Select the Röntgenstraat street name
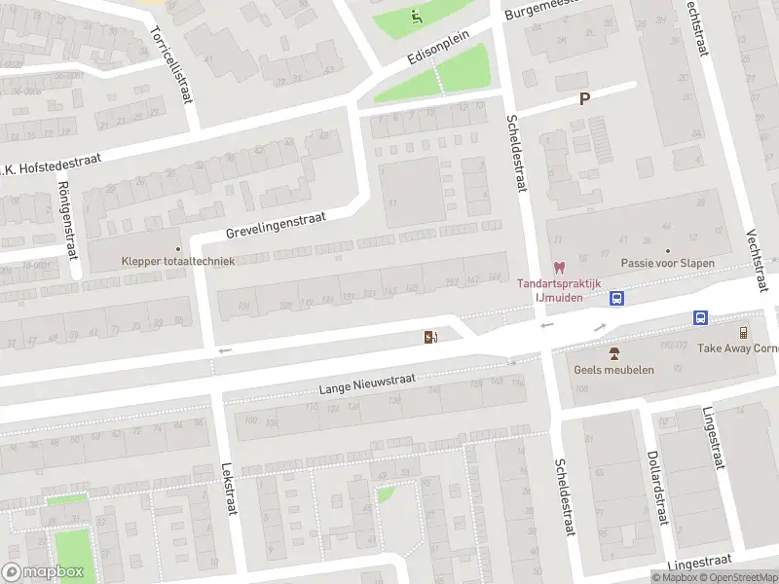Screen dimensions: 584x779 pos(68,221)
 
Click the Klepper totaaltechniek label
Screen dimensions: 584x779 pos(178,261)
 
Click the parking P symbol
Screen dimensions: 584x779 pos(584,98)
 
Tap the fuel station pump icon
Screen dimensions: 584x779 pos(429,337)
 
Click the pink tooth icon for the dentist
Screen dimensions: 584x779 pos(559,266)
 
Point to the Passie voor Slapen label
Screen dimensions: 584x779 pos(668,263)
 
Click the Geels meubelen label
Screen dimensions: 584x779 pos(613,370)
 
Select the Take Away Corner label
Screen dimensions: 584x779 pos(738,348)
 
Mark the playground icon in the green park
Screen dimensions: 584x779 pos(417,16)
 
